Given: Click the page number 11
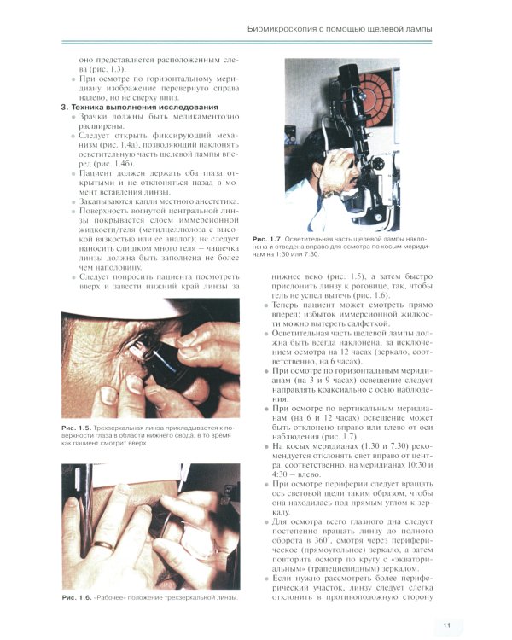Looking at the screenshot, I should [446, 602].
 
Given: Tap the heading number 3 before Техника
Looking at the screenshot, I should [55, 106].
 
